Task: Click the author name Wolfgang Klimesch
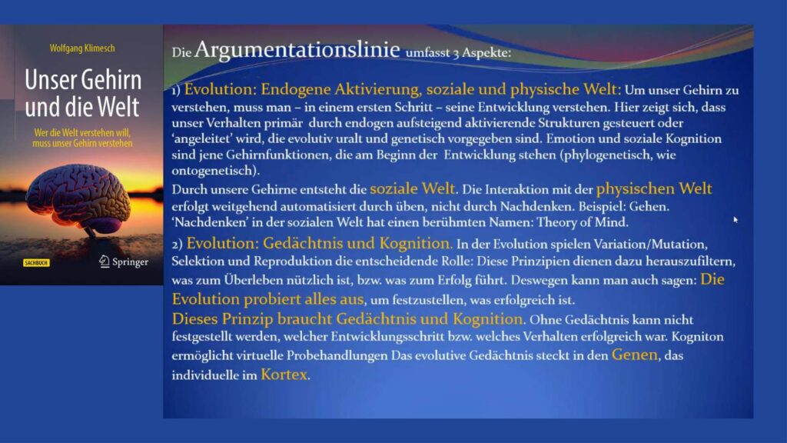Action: coord(82,48)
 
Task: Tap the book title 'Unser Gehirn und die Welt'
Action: coord(83,93)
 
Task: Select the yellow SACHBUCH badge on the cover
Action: coord(36,263)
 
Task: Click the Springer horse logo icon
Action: coord(105,261)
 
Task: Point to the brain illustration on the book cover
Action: coord(78,198)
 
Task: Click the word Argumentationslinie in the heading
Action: coord(297,50)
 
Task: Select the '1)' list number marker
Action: coord(176,91)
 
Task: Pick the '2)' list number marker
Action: coord(177,245)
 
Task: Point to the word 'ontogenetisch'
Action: coord(214,171)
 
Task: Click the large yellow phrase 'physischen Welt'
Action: coord(654,189)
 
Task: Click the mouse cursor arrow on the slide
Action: coord(736,219)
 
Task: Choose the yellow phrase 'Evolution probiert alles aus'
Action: coord(267,299)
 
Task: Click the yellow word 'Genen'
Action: coord(634,355)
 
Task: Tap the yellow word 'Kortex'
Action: coord(284,375)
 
